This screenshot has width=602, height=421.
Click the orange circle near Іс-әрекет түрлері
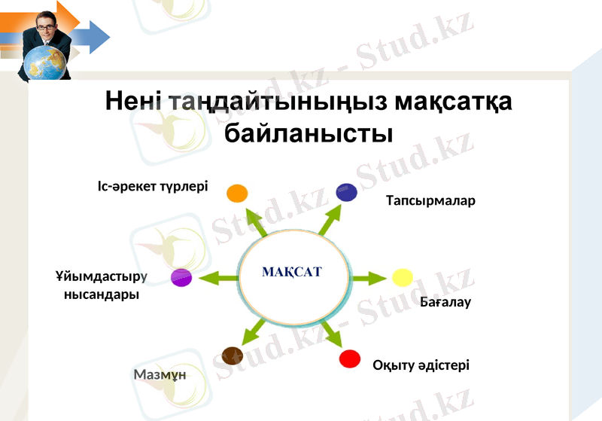tap(237, 193)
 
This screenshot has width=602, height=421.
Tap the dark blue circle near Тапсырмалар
tap(346, 192)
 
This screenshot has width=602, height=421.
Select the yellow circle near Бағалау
tap(402, 277)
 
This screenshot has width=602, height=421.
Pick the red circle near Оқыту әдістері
tap(350, 358)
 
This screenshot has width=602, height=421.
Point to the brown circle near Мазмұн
tap(233, 355)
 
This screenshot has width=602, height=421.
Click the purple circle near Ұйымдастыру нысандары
tap(181, 277)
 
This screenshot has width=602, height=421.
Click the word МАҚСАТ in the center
tap(292, 271)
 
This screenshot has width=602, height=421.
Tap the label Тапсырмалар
tap(430, 201)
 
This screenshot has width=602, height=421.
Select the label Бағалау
tap(445, 303)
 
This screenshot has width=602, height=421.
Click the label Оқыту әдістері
tap(421, 365)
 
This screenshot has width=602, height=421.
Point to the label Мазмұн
tap(160, 374)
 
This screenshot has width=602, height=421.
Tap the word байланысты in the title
tap(309, 133)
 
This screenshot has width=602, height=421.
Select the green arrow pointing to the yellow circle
tap(369, 279)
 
